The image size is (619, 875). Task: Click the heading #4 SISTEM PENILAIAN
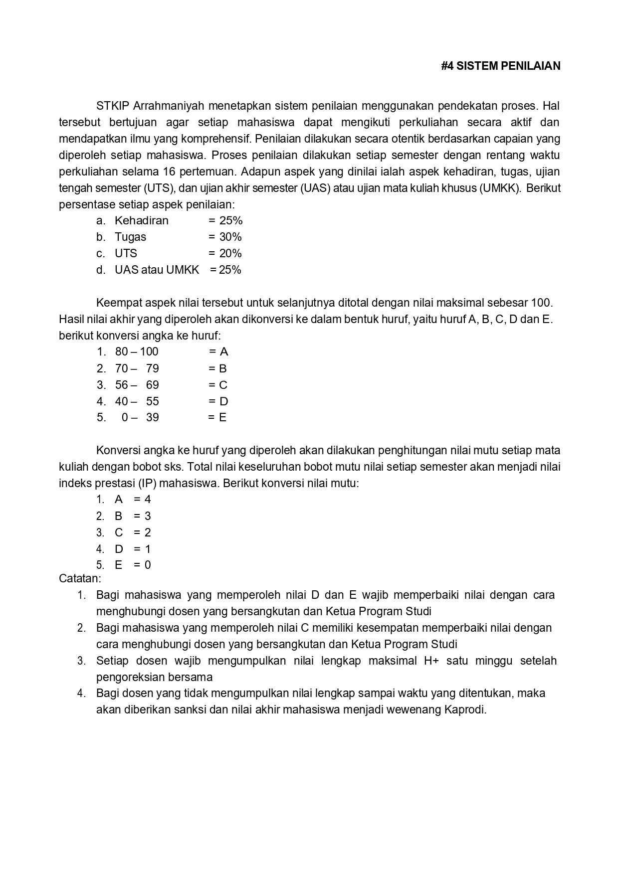[500, 66]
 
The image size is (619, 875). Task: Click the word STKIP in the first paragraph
[113, 106]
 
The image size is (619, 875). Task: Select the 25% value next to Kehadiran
[230, 220]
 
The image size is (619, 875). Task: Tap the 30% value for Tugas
[230, 237]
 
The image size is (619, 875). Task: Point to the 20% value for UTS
[230, 253]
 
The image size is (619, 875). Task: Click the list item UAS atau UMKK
[157, 270]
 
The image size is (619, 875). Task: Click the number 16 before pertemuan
[169, 172]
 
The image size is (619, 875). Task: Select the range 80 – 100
[137, 351]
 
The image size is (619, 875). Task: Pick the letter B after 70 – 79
[223, 368]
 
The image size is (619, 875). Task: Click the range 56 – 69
[137, 385]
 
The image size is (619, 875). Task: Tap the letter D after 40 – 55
[223, 401]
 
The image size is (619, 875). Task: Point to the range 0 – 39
[140, 417]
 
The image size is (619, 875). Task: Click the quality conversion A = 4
[132, 499]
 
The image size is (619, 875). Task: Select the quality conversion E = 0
[132, 565]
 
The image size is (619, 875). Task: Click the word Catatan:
[80, 578]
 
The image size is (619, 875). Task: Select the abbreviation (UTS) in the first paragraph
[158, 188]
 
